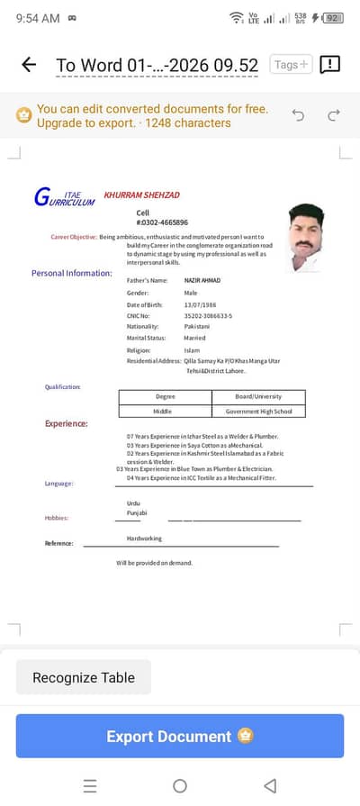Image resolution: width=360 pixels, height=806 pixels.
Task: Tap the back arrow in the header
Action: click(29, 64)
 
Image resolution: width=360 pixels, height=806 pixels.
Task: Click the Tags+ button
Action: click(291, 64)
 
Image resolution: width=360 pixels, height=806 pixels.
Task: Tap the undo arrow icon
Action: click(298, 115)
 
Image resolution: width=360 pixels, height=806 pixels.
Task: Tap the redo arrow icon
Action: click(334, 115)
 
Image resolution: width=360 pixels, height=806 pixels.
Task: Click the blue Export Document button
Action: click(180, 736)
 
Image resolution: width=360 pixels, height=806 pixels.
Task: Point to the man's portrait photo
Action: click(306, 236)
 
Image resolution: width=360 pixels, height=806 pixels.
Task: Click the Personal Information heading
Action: click(72, 273)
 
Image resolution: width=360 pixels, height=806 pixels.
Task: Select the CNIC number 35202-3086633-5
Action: click(208, 316)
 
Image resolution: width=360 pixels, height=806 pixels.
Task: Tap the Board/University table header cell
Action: click(258, 397)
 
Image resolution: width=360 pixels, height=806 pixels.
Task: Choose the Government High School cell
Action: click(258, 412)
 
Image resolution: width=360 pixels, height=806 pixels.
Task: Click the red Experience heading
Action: click(67, 423)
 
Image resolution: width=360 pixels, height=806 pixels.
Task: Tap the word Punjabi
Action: click(137, 513)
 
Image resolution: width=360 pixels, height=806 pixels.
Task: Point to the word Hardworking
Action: click(144, 539)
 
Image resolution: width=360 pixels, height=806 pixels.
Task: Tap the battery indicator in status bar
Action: click(333, 17)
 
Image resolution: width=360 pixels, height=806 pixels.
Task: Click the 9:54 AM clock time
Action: click(38, 18)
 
